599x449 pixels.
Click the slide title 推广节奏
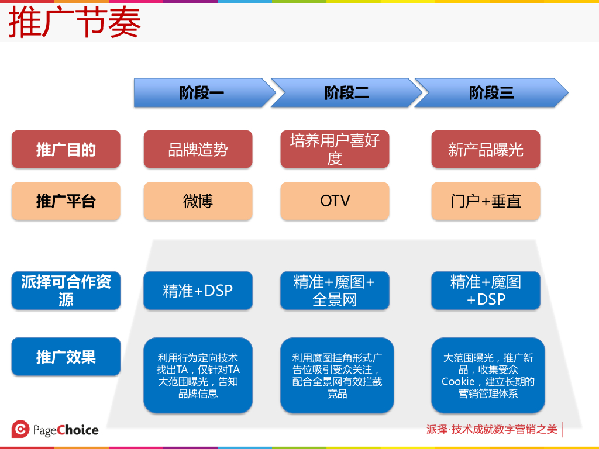pyautogui.click(x=74, y=23)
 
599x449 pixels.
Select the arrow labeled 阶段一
pyautogui.click(x=202, y=92)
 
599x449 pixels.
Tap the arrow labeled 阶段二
pyautogui.click(x=346, y=92)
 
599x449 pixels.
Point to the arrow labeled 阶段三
pyautogui.click(x=491, y=92)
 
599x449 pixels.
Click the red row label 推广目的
pyautogui.click(x=66, y=149)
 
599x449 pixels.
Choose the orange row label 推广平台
pyautogui.click(x=66, y=201)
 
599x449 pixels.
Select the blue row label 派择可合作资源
pyautogui.click(x=66, y=291)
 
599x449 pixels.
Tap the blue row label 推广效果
pyautogui.click(x=66, y=357)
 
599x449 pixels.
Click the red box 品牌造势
pyautogui.click(x=198, y=150)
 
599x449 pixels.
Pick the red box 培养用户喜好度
pyautogui.click(x=335, y=149)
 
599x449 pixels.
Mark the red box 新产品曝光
pyautogui.click(x=486, y=150)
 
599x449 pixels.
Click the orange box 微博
pyautogui.click(x=198, y=201)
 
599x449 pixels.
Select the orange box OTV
pyautogui.click(x=335, y=201)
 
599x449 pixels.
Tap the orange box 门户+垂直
pyautogui.click(x=486, y=201)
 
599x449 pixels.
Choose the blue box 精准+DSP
pyautogui.click(x=198, y=291)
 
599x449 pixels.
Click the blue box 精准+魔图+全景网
pyautogui.click(x=335, y=291)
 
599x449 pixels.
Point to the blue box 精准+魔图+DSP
pyautogui.click(x=486, y=291)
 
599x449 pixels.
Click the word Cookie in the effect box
pyautogui.click(x=458, y=382)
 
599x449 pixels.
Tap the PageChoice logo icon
pyautogui.click(x=20, y=430)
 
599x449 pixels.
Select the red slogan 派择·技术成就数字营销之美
pyautogui.click(x=491, y=430)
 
